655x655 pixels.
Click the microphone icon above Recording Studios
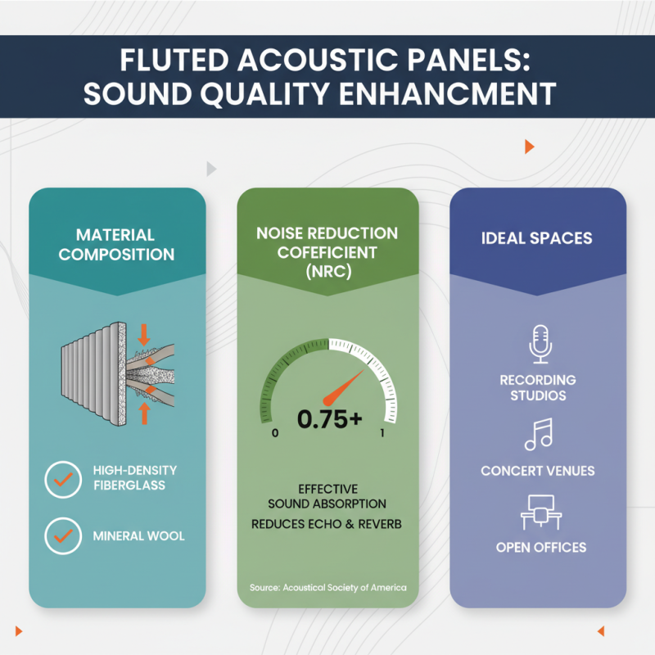[539, 344]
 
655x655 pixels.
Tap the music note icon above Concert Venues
[539, 435]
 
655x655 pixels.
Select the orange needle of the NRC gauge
[344, 387]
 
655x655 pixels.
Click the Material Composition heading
[116, 244]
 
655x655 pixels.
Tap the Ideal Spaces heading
[538, 239]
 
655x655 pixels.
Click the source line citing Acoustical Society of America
[327, 588]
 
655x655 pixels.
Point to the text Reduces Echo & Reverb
[327, 522]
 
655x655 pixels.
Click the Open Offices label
[540, 547]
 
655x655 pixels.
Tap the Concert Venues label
[538, 471]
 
